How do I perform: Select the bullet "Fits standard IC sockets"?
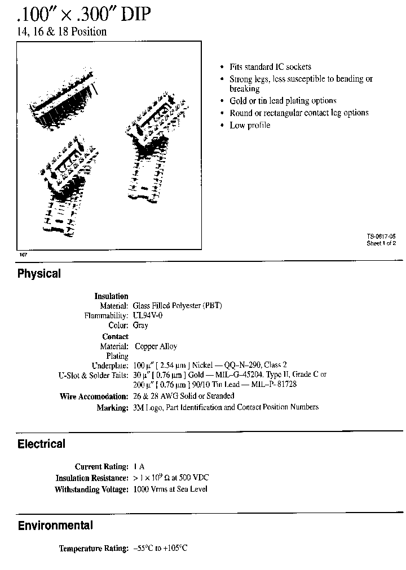[x=270, y=66]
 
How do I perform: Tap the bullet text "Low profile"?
[x=250, y=125]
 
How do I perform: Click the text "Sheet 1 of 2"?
[x=381, y=243]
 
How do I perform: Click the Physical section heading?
[x=39, y=274]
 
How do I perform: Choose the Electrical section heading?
[x=41, y=444]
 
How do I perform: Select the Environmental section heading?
[x=55, y=526]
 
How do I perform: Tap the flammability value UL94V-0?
[x=148, y=315]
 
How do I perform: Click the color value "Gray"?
[x=140, y=326]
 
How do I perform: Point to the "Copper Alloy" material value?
[x=156, y=346]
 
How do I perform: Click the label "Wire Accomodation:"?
[x=94, y=397]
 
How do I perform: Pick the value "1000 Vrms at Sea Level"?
[x=170, y=489]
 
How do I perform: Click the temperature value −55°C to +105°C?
[x=161, y=548]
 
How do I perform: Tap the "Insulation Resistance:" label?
[x=92, y=478]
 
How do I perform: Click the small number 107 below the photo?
[x=23, y=255]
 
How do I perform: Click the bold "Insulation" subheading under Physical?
[x=111, y=296]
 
